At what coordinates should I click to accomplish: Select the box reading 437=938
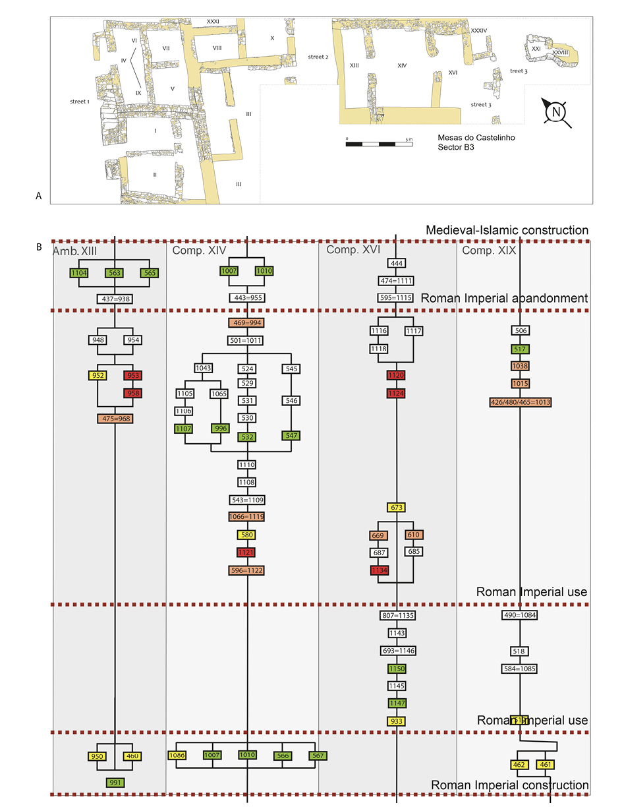(x=115, y=299)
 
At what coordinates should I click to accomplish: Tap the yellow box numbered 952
(x=98, y=376)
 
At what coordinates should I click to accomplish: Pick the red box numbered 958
(x=133, y=394)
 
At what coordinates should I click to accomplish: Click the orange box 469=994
(x=246, y=323)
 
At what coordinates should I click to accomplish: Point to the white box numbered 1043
(x=203, y=367)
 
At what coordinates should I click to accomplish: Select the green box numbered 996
(x=219, y=429)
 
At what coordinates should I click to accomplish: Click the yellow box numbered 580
(x=246, y=535)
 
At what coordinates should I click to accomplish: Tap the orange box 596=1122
(x=246, y=570)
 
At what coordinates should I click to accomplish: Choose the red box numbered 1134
(x=380, y=570)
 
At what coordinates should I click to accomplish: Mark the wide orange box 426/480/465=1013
(x=521, y=402)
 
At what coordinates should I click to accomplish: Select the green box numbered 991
(x=115, y=783)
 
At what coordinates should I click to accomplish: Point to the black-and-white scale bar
(x=379, y=143)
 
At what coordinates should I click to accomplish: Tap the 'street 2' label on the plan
(x=318, y=57)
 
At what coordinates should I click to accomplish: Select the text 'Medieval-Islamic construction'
(x=507, y=230)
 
